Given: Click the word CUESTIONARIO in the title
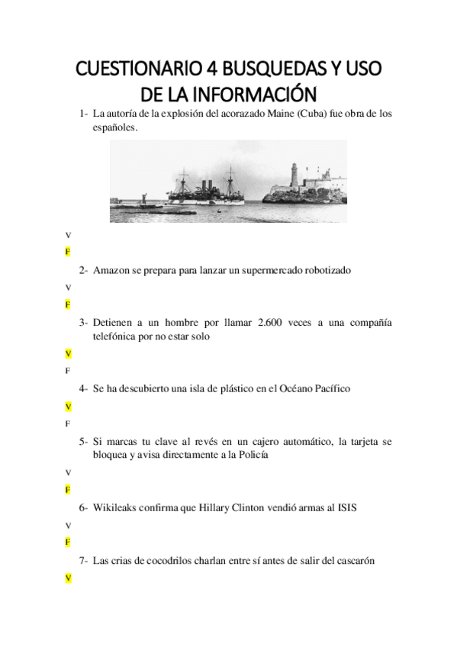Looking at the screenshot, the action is tap(139, 70).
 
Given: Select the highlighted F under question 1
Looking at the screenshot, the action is tap(68, 251).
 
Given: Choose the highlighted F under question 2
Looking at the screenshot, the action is tap(68, 304).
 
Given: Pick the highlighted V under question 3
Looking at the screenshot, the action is tap(68, 354).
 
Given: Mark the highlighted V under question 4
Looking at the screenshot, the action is tap(68, 407).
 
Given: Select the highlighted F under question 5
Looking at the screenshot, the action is tap(68, 489).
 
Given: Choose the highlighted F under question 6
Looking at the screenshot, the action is tap(68, 542).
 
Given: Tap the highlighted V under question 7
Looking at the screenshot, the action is tap(68, 579).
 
